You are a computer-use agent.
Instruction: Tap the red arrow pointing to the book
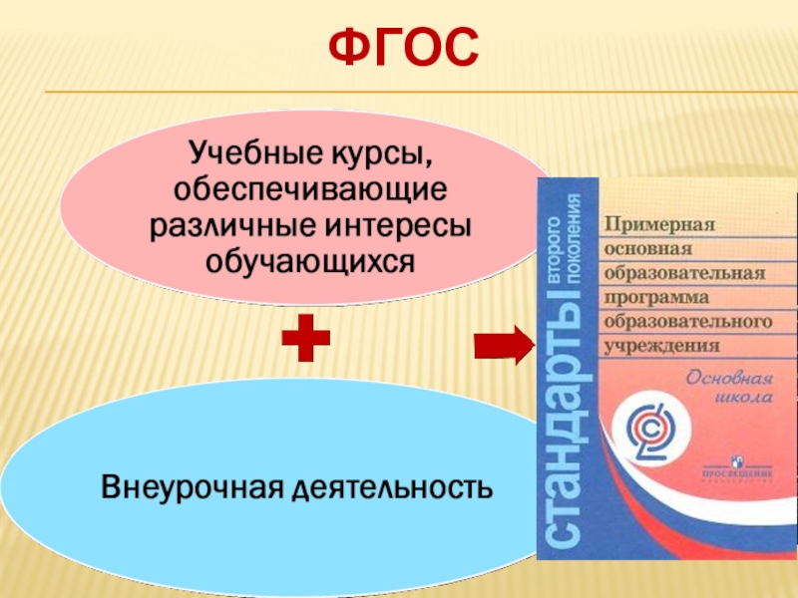pos(505,344)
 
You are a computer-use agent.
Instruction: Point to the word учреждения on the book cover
pos(661,346)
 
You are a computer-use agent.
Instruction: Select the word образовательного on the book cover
pos(688,321)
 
